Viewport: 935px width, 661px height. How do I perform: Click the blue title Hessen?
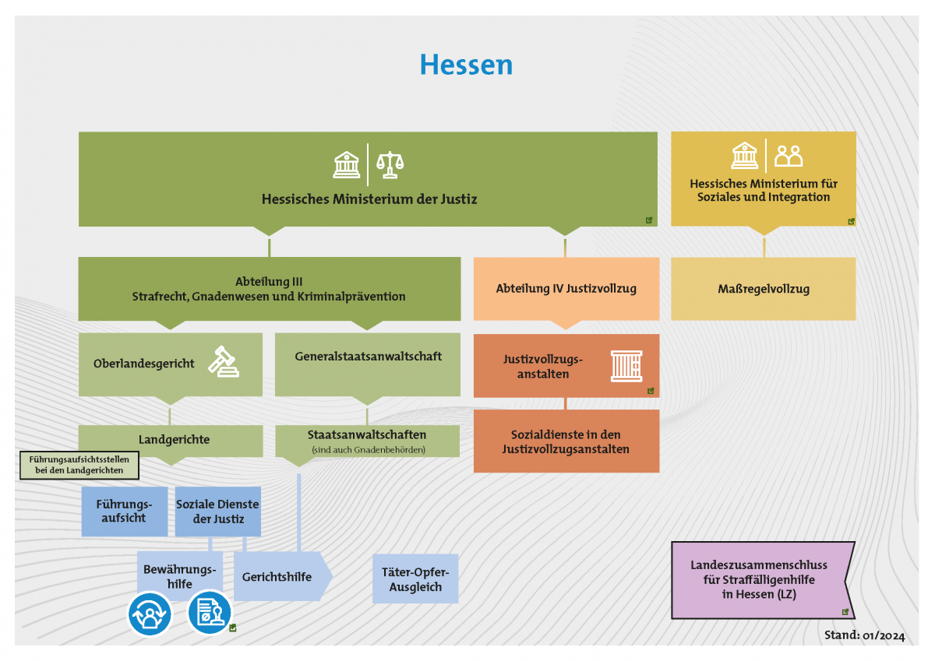(x=466, y=65)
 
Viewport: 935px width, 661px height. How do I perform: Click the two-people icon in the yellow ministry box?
(x=789, y=156)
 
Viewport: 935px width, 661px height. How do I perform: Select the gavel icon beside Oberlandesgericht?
(x=224, y=361)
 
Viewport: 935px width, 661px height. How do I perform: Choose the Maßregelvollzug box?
(x=763, y=289)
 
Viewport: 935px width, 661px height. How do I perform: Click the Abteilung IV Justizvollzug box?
(x=566, y=289)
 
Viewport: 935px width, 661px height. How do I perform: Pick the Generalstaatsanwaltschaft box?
(x=368, y=357)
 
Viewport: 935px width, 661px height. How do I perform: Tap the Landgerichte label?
(x=174, y=439)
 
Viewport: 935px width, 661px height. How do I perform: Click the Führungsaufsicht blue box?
(x=124, y=511)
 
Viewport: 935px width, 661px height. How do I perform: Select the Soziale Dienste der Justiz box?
(x=217, y=511)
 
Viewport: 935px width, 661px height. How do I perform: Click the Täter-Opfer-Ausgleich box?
(x=415, y=579)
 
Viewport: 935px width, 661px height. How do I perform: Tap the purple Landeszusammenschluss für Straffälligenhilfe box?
(x=758, y=579)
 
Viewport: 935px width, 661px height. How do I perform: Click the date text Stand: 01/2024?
(x=864, y=635)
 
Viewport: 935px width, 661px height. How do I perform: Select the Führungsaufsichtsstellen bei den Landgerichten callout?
(x=78, y=466)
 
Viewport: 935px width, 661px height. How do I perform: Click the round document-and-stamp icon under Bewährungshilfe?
(x=210, y=612)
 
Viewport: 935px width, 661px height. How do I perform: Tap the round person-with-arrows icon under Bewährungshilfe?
(x=149, y=614)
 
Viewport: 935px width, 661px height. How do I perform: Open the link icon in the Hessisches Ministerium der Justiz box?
(x=649, y=220)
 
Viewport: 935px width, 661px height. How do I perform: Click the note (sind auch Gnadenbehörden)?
(x=368, y=450)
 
